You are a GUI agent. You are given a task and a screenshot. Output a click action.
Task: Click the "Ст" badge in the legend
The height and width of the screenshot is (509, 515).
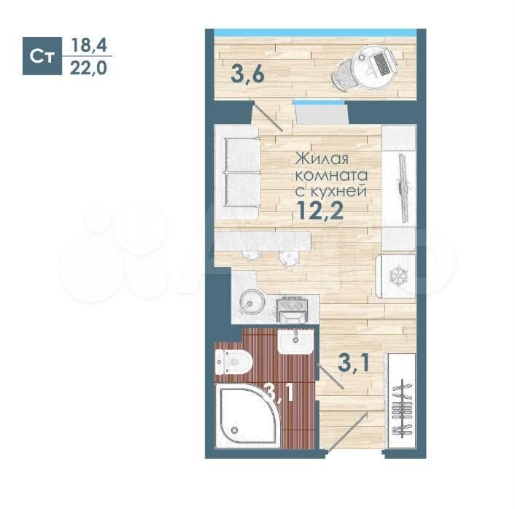(x=42, y=56)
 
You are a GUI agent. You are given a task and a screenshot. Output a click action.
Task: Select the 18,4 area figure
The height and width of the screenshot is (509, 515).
(x=89, y=45)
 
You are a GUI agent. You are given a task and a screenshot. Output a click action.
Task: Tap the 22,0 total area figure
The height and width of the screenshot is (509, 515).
(x=89, y=69)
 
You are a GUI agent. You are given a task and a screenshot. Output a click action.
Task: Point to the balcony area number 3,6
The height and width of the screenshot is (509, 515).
(x=247, y=75)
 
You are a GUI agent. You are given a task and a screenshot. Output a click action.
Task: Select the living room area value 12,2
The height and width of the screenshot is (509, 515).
(x=320, y=210)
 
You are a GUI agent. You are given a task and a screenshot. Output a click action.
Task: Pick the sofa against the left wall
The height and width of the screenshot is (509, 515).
(x=237, y=172)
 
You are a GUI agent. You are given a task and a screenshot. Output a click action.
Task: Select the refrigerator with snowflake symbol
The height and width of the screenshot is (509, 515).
(x=396, y=276)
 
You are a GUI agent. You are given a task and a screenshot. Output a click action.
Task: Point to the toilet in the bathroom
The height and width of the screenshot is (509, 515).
(x=233, y=362)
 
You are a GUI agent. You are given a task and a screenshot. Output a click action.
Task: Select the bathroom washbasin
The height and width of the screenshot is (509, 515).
(x=295, y=341)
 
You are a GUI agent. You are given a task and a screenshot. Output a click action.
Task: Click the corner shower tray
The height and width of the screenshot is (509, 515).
(x=248, y=416)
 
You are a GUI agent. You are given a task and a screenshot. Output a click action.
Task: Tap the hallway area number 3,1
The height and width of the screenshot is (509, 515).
(x=354, y=362)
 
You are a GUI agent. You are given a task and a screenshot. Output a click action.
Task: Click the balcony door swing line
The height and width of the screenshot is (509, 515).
(x=268, y=117)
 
